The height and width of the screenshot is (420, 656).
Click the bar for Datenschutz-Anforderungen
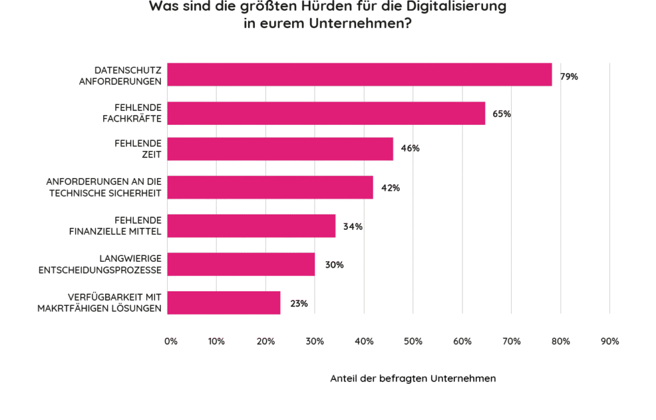click(x=359, y=74)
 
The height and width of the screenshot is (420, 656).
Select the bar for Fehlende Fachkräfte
click(x=326, y=113)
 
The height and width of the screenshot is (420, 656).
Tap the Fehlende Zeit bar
click(x=280, y=149)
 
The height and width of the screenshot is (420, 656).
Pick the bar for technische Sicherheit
click(x=270, y=187)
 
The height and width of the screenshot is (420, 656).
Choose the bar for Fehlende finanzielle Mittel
click(x=251, y=225)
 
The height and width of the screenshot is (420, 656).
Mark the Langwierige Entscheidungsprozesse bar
click(x=241, y=264)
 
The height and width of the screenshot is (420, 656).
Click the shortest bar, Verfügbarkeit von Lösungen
click(x=224, y=302)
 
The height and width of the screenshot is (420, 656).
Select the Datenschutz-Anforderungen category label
click(x=122, y=74)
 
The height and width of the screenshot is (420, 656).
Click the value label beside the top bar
click(x=569, y=76)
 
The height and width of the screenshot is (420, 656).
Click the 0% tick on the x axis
click(x=169, y=341)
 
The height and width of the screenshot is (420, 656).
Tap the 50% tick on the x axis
click(x=413, y=341)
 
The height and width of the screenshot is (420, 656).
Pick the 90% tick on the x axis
click(x=609, y=341)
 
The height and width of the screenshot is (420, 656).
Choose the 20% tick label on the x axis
click(x=266, y=341)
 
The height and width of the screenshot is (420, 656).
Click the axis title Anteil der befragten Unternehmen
click(x=413, y=378)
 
